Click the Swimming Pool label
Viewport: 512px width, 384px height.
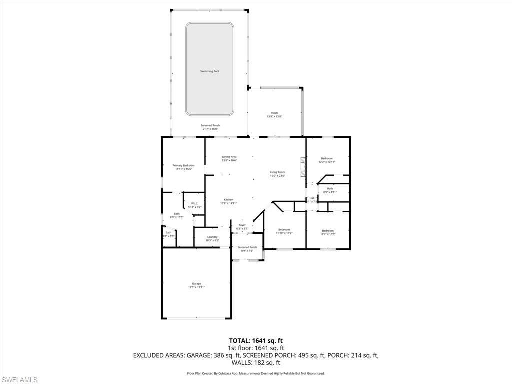(x=210, y=71)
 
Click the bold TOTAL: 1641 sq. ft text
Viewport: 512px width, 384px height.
(x=256, y=341)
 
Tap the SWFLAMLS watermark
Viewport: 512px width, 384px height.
(x=19, y=380)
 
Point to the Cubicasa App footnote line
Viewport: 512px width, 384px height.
(x=256, y=373)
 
